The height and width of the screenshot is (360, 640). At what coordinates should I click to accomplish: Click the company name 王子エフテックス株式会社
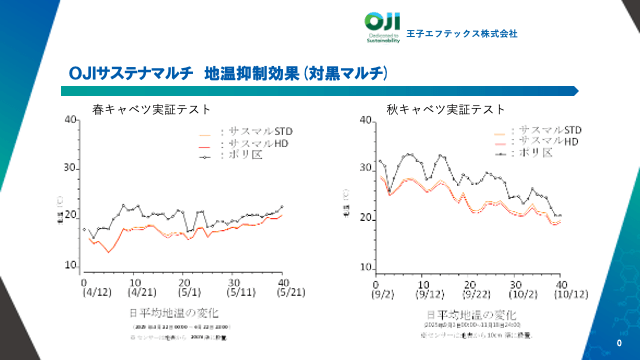[462, 33]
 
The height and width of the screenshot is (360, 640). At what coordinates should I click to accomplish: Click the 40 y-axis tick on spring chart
[71, 120]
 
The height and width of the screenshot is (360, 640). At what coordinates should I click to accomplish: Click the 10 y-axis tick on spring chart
[71, 266]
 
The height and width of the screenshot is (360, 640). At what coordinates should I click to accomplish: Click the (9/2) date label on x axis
[381, 295]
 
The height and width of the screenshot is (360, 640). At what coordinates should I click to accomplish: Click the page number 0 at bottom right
[620, 341]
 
